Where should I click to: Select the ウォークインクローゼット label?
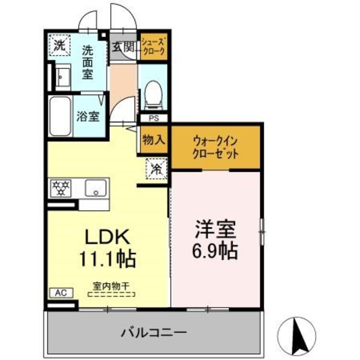pyautogui.click(x=215, y=147)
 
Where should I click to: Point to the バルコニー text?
pyautogui.click(x=154, y=331)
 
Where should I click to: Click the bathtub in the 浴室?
pyautogui.click(x=60, y=116)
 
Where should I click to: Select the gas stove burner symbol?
pyautogui.click(x=61, y=188)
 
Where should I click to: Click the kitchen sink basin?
pyautogui.click(x=95, y=188)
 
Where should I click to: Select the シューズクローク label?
pyautogui.click(x=153, y=45)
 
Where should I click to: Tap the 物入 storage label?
pyautogui.click(x=153, y=140)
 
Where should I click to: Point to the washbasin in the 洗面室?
pyautogui.click(x=62, y=77)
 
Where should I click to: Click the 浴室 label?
pyautogui.click(x=89, y=116)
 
